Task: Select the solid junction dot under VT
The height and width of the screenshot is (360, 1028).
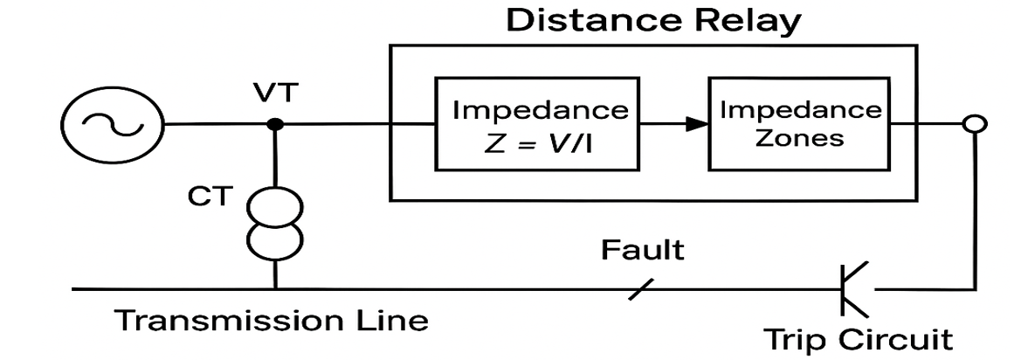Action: tap(275, 124)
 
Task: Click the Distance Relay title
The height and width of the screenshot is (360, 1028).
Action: tap(653, 20)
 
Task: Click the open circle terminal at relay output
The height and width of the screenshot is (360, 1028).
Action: tap(969, 125)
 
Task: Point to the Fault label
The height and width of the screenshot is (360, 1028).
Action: tap(642, 251)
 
